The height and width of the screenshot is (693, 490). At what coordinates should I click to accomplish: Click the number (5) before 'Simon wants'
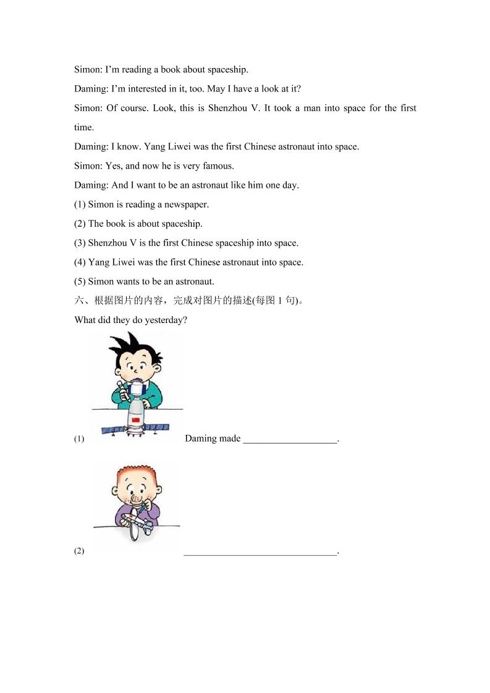80,282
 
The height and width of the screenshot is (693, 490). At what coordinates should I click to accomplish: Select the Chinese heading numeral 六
78,301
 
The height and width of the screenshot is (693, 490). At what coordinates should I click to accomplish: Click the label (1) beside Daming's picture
79,439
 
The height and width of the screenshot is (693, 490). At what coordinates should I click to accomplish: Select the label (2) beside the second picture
79,552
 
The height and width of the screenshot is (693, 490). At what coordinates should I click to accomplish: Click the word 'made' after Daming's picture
229,439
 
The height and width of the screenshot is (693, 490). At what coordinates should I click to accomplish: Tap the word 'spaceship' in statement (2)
182,224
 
